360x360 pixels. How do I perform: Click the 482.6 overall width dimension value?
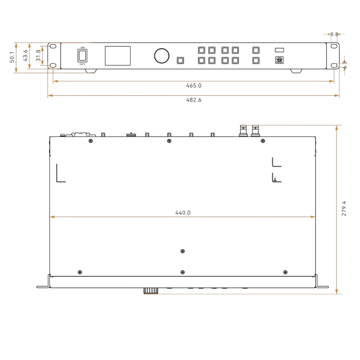click(x=193, y=100)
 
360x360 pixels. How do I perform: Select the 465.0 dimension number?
click(x=193, y=85)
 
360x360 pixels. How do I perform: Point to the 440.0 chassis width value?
click(x=183, y=213)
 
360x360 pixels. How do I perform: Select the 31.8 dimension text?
click(x=38, y=55)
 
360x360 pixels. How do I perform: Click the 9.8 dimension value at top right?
click(x=334, y=34)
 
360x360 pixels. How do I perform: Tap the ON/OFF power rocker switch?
click(x=82, y=55)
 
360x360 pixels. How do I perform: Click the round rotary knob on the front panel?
click(x=162, y=56)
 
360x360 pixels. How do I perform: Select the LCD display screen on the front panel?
click(x=118, y=56)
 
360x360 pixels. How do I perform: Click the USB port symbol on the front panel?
click(x=279, y=60)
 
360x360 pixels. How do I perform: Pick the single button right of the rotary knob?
click(x=180, y=61)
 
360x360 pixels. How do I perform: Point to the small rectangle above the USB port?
click(x=279, y=50)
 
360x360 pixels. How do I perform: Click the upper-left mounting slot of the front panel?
click(x=53, y=47)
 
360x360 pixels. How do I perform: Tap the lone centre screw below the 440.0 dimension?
click(x=182, y=252)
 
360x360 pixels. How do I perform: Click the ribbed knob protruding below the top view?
click(x=151, y=291)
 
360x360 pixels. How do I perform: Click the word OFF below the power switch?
click(x=82, y=64)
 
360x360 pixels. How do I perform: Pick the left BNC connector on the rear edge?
click(x=244, y=131)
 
